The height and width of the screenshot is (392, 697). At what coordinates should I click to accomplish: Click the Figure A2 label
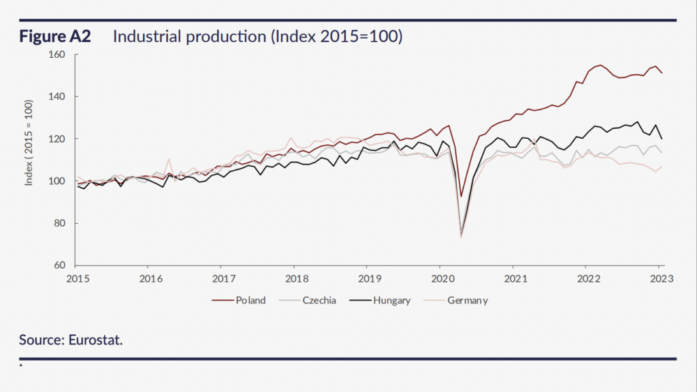(55, 37)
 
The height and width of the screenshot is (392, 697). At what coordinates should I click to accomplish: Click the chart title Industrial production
(258, 37)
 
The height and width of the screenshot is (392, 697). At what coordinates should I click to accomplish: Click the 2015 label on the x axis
(77, 278)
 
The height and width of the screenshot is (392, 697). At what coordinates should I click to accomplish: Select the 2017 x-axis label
(223, 278)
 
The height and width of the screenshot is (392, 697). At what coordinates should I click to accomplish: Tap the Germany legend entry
(467, 300)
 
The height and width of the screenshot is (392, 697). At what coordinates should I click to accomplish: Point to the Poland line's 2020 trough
(461, 196)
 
